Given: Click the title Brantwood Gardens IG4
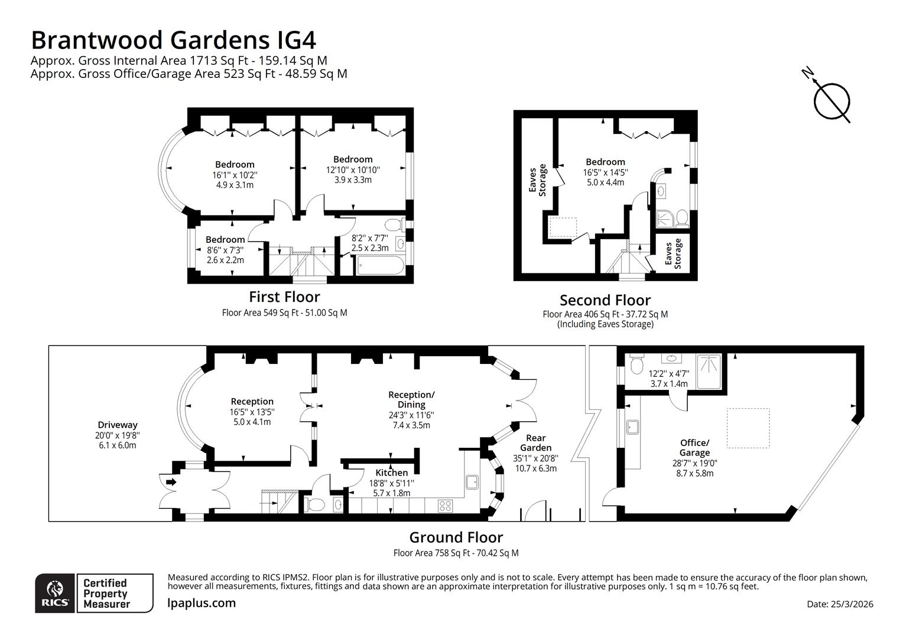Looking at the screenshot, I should pyautogui.click(x=173, y=40).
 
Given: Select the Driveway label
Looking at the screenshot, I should pyautogui.click(x=117, y=425).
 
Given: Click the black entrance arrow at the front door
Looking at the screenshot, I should pyautogui.click(x=171, y=482).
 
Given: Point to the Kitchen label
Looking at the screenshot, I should pyautogui.click(x=391, y=473).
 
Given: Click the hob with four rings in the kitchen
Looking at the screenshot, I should pyautogui.click(x=445, y=506).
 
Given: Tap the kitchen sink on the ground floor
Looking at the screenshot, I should pyautogui.click(x=473, y=482).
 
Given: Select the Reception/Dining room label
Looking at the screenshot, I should pyautogui.click(x=411, y=399).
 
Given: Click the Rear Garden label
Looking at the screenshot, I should pyautogui.click(x=535, y=443).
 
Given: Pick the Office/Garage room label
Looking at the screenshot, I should pyautogui.click(x=694, y=448).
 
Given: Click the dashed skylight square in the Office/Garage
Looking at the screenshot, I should pyautogui.click(x=748, y=428).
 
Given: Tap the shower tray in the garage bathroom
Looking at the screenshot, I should pyautogui.click(x=709, y=371).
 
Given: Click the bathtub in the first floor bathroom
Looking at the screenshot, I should pyautogui.click(x=380, y=268).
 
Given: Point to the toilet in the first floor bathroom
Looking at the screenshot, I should pyautogui.click(x=393, y=225).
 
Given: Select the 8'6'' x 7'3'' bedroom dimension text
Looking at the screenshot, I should pyautogui.click(x=225, y=250).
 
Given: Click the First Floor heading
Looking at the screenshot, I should pyautogui.click(x=284, y=297).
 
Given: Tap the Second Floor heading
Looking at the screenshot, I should pyautogui.click(x=605, y=300).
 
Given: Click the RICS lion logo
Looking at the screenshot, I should pyautogui.click(x=55, y=593).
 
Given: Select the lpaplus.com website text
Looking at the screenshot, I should pyautogui.click(x=202, y=603).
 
